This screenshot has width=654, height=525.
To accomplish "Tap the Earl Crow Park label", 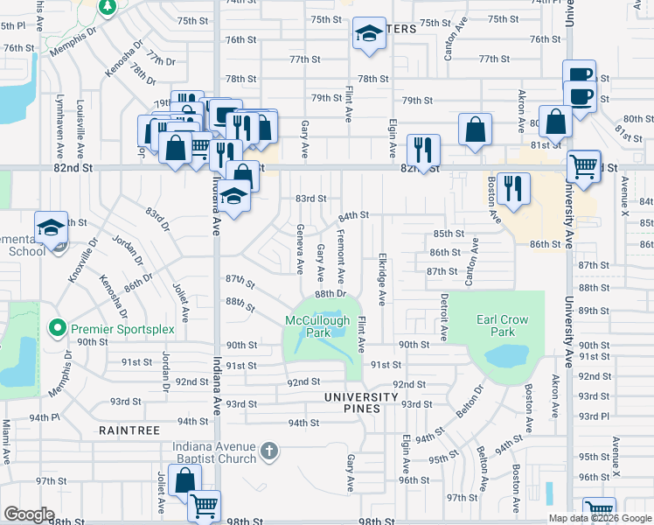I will [x=503, y=325].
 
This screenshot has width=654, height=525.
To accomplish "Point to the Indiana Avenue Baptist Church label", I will [x=214, y=451].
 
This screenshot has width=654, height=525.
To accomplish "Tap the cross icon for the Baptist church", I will [x=269, y=451].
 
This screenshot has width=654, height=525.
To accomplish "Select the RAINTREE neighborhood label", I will [x=129, y=430].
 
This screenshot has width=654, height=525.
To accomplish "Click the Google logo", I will [x=28, y=514].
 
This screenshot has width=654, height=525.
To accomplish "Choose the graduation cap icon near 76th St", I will [x=369, y=34].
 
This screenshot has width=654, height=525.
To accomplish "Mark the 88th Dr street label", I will [x=331, y=295].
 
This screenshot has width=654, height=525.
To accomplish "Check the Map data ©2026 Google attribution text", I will [x=600, y=518].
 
